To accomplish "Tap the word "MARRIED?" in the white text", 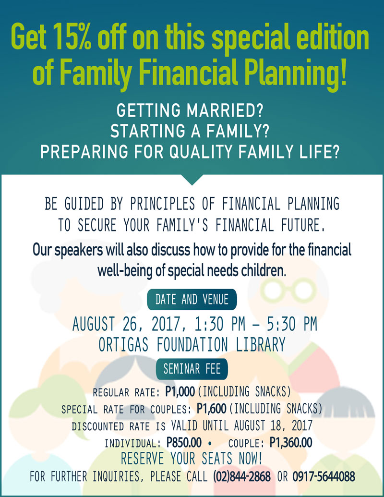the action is coord(225,110).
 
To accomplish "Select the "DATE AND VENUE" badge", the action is coord(192,300).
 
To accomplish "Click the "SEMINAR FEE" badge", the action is coord(192,369).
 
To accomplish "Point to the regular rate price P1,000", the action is coord(180,392).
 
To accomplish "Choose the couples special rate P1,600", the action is coord(211,409).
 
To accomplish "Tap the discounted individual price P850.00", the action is coord(184,442).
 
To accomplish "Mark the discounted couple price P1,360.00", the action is coord(291,442).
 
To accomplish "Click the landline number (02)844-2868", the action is coord(242,476).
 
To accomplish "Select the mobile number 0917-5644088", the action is coord(324,476).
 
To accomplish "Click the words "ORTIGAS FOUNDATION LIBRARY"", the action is coord(192,345).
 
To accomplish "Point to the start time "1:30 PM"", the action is coord(220,324).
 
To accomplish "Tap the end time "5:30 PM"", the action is coord(292,324).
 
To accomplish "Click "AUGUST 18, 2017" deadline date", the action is coord(273,425).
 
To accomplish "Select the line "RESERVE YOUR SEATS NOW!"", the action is coord(192,458).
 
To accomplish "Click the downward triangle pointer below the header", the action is coord(192,180).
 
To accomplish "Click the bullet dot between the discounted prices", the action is coord(210,443).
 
